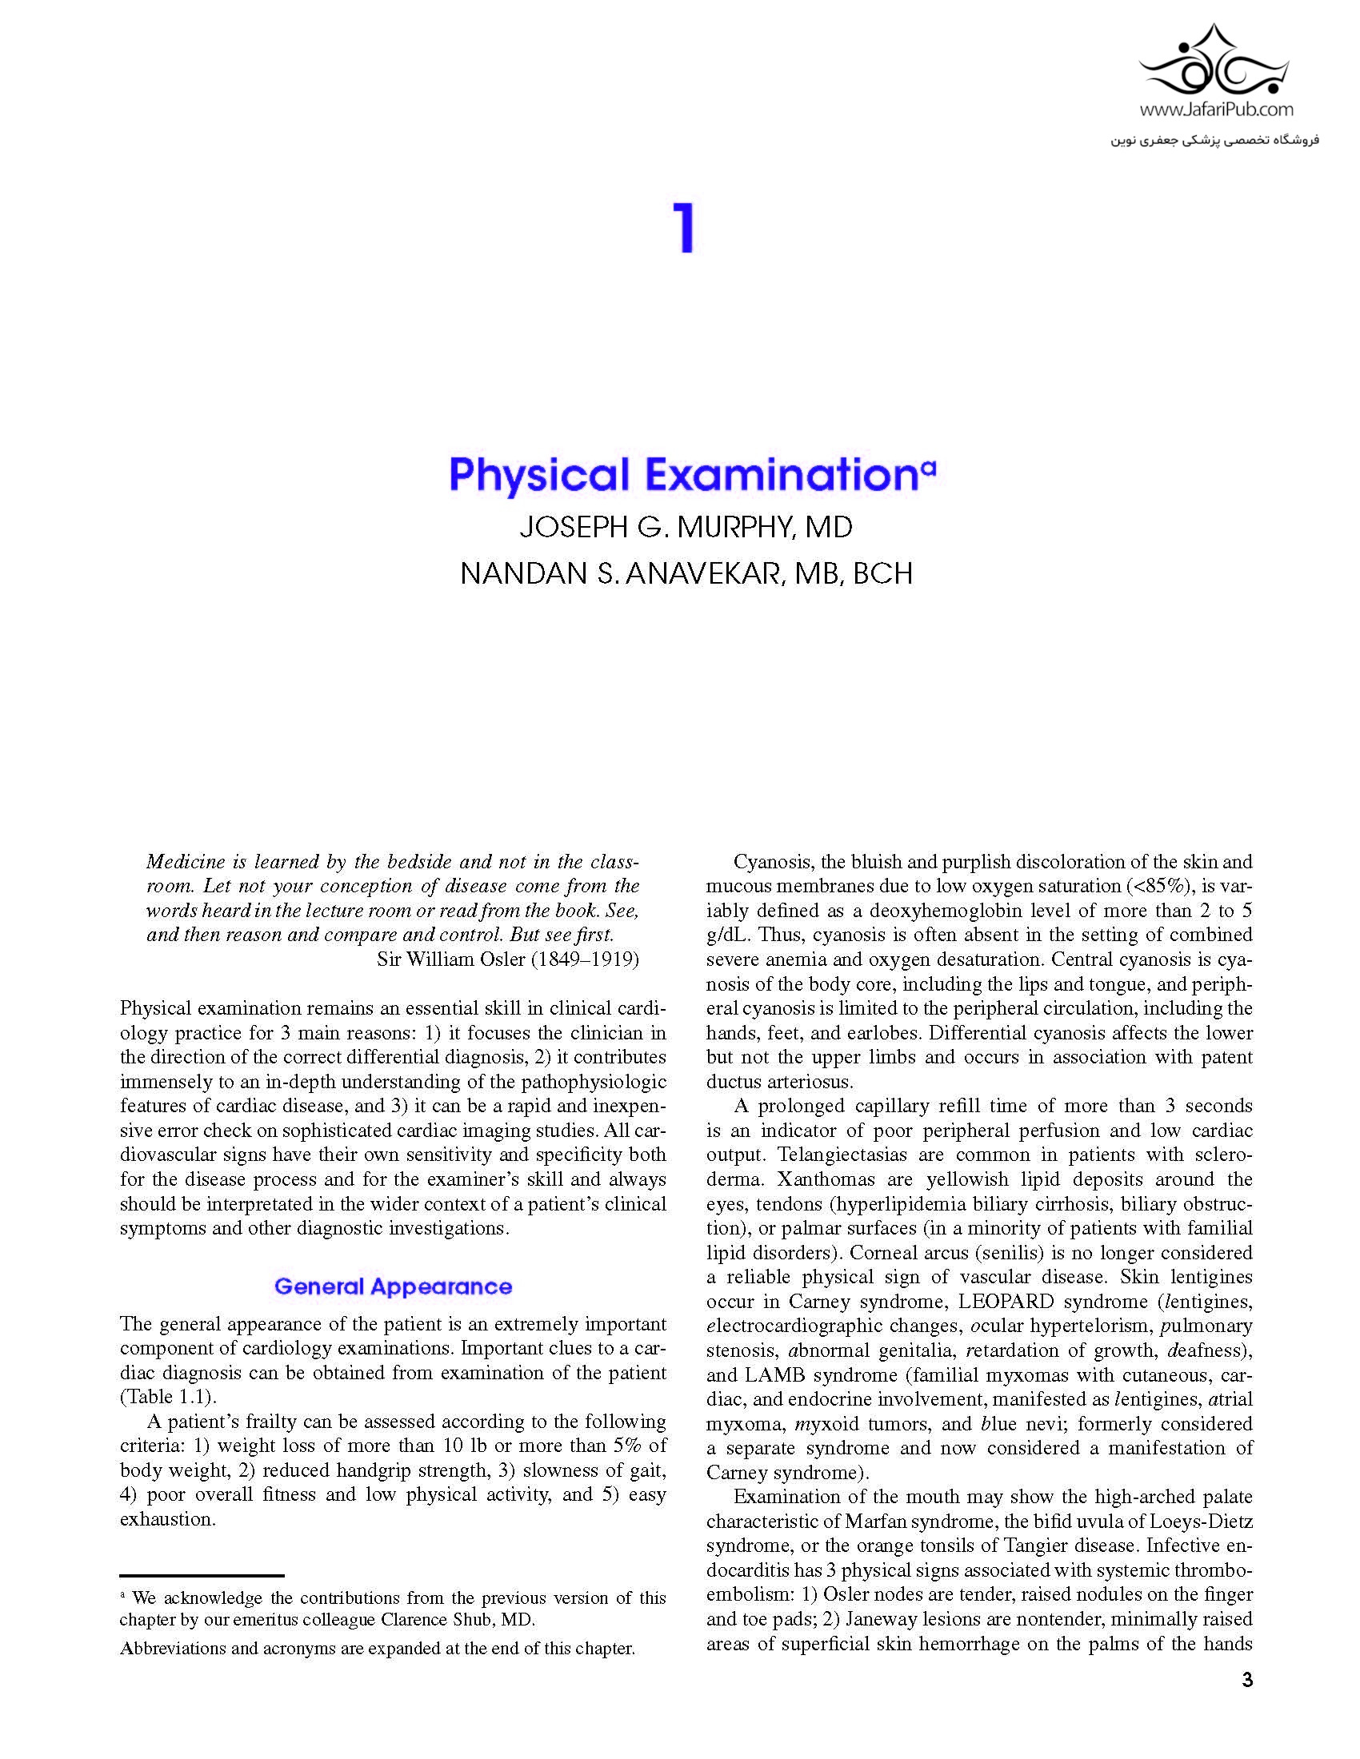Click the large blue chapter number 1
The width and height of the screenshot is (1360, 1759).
pos(684,229)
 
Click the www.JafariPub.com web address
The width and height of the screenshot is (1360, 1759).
pos(1217,109)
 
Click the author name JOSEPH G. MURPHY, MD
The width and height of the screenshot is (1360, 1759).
pos(686,528)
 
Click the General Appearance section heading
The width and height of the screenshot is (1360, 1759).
pos(393,1286)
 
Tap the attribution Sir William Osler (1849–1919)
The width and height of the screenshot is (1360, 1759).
pos(507,959)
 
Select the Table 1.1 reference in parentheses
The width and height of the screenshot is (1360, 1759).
pos(167,1397)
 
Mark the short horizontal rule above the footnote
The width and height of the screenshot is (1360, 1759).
pos(202,1575)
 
